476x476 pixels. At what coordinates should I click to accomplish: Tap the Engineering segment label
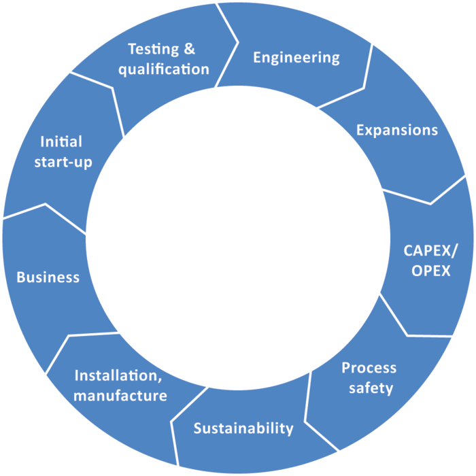296,57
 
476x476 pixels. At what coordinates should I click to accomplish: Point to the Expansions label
397,130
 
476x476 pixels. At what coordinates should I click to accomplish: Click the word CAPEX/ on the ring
431,250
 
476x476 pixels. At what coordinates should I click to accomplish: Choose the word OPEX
431,270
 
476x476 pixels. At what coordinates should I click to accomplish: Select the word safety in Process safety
371,388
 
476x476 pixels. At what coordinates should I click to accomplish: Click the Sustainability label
243,428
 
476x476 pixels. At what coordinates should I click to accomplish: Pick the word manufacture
120,395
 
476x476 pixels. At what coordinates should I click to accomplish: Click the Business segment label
48,277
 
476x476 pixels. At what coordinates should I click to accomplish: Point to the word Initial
61,141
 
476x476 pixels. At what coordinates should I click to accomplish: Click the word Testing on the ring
152,49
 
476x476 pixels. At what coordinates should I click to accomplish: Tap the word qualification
163,69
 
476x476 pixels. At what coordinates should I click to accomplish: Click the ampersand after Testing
189,49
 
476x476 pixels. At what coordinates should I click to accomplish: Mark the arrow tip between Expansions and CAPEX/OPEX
431,202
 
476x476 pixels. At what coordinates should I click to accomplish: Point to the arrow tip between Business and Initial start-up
46,203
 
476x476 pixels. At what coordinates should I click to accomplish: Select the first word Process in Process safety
369,368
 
